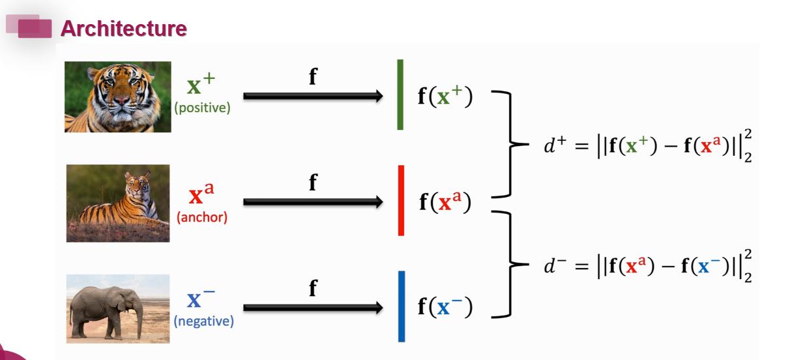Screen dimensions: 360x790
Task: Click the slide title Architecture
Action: point(123,29)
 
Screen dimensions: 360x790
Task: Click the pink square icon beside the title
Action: point(35,28)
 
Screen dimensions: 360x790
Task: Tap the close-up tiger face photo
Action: point(117,97)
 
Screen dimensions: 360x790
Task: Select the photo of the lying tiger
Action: point(117,203)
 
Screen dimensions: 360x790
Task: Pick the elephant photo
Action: point(117,308)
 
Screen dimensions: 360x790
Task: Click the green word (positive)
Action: point(202,108)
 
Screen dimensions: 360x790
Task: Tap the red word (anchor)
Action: point(202,218)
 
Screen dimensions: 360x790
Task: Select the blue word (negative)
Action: point(203,321)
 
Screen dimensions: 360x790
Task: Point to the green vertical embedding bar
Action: point(400,95)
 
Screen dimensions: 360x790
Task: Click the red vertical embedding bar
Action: point(401,200)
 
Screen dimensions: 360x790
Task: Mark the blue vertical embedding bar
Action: point(402,306)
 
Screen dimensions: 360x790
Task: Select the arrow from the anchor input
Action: point(313,202)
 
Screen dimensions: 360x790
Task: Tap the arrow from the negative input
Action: point(313,307)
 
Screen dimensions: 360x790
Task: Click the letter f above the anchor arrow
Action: point(313,183)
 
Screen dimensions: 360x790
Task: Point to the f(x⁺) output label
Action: point(445,97)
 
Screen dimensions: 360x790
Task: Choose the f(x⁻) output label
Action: point(445,307)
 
